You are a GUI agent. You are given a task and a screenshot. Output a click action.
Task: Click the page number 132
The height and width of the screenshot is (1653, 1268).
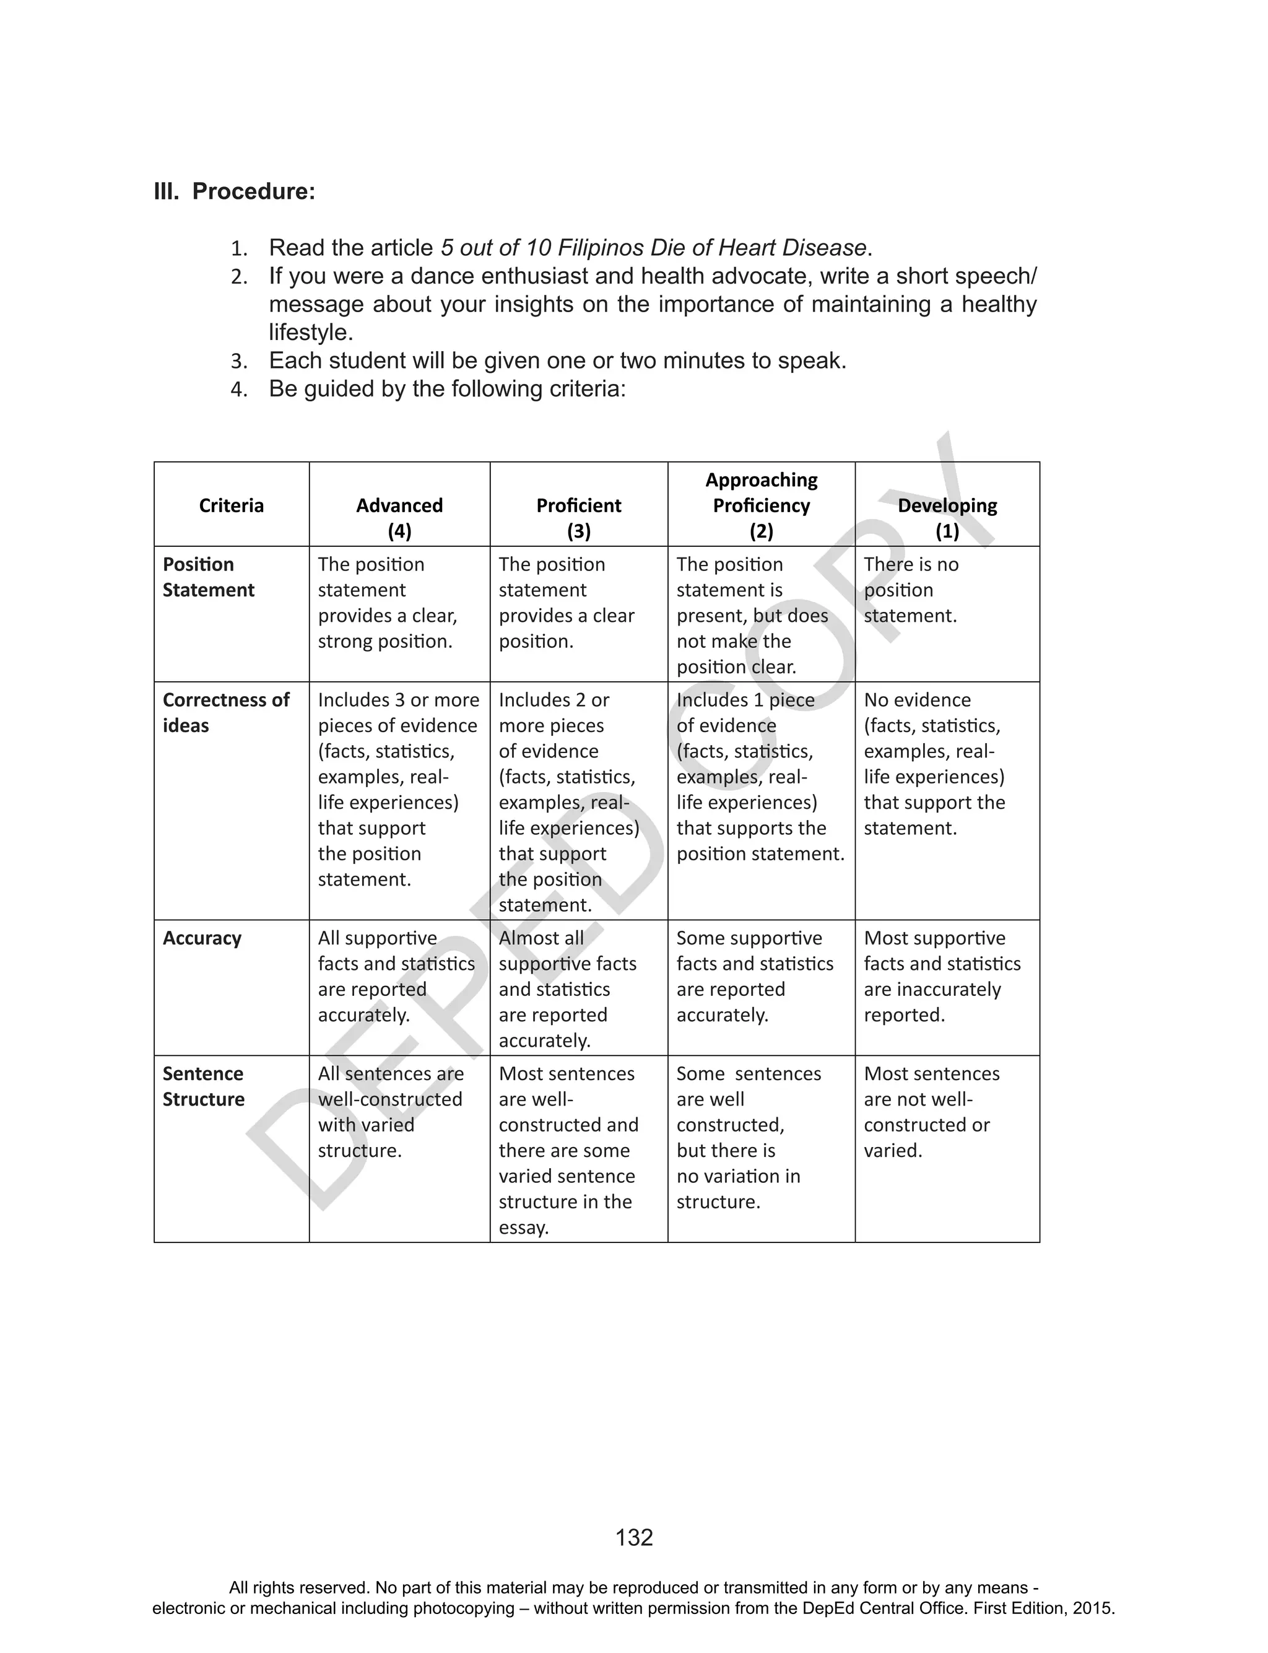(x=634, y=1538)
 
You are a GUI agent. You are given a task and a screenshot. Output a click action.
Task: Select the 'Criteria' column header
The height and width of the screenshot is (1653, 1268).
(x=231, y=505)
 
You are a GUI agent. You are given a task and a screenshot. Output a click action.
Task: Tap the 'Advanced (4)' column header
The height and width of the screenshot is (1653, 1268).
(x=399, y=517)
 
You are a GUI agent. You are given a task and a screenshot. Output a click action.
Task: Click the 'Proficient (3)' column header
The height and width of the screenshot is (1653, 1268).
(x=578, y=517)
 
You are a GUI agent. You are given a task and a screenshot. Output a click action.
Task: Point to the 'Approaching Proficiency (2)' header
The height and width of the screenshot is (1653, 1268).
(x=761, y=505)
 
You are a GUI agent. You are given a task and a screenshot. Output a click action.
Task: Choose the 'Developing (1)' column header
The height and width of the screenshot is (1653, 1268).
(x=947, y=517)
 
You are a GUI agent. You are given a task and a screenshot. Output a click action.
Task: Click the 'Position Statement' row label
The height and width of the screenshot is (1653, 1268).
(x=208, y=577)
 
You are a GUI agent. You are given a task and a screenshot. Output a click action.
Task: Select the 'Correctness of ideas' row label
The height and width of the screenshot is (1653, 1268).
(x=225, y=712)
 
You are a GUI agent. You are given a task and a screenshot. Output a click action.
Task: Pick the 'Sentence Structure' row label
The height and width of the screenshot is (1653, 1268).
(x=203, y=1086)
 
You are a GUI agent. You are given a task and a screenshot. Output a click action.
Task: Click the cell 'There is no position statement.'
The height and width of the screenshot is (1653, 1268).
(x=910, y=590)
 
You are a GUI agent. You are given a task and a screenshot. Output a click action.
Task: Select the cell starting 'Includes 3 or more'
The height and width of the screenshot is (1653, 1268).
(x=397, y=789)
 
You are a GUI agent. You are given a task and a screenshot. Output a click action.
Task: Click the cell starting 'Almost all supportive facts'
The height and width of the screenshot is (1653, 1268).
(x=567, y=989)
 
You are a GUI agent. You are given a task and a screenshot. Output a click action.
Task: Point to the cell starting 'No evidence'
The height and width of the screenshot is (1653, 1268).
(x=934, y=763)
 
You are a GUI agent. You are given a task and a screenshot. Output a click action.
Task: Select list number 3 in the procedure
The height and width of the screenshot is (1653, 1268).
(x=238, y=362)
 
